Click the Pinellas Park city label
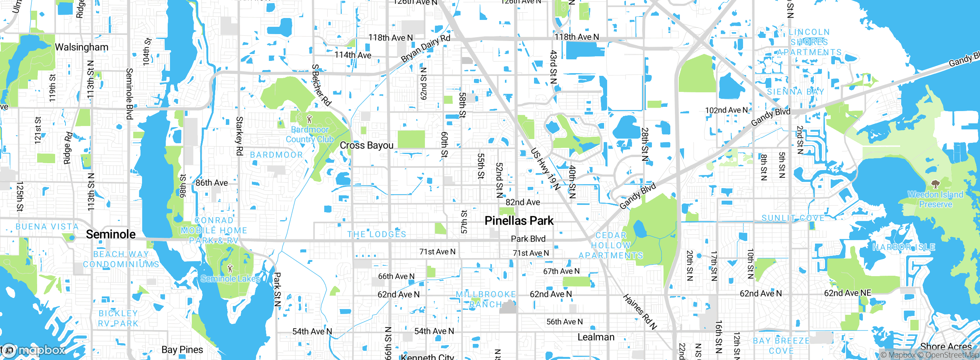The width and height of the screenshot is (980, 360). tap(519, 221)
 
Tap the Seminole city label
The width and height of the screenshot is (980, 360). tap(111, 234)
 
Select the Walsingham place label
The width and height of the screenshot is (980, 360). tap(82, 47)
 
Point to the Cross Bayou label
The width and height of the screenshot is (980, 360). tap(366, 146)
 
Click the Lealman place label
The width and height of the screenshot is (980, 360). tap(596, 337)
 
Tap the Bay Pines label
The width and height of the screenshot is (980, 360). tap(182, 350)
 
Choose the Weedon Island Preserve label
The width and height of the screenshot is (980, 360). tap(935, 200)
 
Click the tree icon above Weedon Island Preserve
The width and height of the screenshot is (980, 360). tap(935, 184)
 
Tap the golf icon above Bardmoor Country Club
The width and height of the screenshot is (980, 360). tap(309, 119)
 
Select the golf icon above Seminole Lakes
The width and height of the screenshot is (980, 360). tap(230, 268)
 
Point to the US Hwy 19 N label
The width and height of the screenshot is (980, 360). tap(546, 169)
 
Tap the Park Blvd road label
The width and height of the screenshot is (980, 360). tap(528, 239)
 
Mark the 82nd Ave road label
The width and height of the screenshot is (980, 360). tap(523, 202)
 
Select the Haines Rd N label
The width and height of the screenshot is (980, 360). tap(640, 312)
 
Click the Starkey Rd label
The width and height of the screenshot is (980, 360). tap(239, 136)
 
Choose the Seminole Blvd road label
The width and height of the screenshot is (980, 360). tap(129, 94)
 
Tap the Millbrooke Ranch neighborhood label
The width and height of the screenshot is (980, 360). tap(485, 299)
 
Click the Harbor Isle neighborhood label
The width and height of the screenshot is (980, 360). tap(903, 247)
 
